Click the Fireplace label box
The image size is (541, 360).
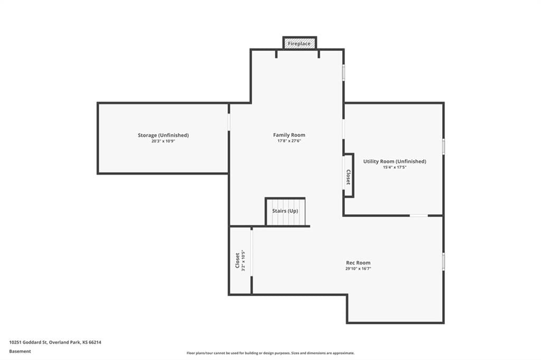[x=300, y=43]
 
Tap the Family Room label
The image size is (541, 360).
[x=289, y=135]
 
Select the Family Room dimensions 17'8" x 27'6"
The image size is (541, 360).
[x=289, y=141]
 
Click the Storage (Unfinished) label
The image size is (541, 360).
[x=163, y=135]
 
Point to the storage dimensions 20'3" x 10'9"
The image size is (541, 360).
[x=163, y=141]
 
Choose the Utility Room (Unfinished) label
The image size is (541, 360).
[x=394, y=162]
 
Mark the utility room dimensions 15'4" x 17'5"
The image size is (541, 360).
[x=394, y=167]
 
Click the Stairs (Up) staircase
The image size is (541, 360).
[x=285, y=211]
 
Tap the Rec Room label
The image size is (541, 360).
[x=358, y=263]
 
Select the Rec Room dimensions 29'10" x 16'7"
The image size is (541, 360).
[x=358, y=269]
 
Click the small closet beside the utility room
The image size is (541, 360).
[x=348, y=176]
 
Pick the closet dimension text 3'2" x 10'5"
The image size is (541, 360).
[x=243, y=260]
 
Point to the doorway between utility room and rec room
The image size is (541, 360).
[x=419, y=216]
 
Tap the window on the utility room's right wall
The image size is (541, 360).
[x=443, y=147]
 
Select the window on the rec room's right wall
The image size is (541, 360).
[x=443, y=261]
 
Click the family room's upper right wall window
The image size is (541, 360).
[x=343, y=73]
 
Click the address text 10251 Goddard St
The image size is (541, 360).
[x=28, y=343]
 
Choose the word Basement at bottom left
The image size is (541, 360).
[x=20, y=352]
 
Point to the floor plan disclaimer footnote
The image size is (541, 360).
[x=270, y=353]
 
